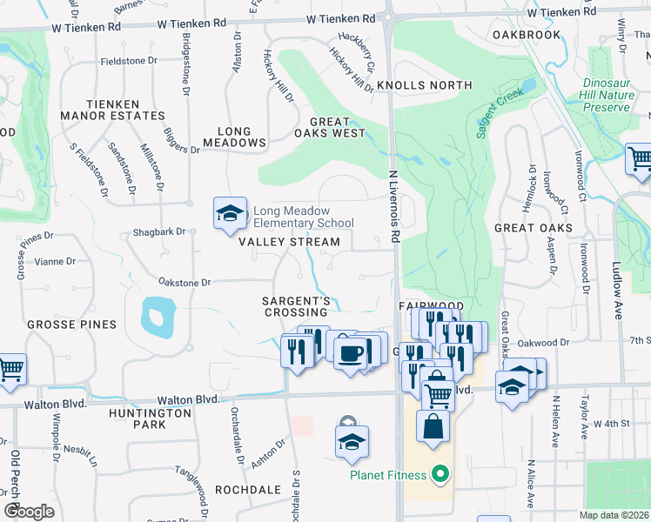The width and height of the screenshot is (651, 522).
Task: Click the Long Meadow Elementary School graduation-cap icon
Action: coord(228,212)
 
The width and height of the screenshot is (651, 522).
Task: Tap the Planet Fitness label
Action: coord(388,475)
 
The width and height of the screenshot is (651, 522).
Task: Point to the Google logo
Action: coord(29,512)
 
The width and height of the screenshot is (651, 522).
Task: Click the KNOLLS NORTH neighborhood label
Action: coord(424,85)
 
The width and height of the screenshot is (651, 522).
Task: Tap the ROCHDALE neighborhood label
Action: coord(247,490)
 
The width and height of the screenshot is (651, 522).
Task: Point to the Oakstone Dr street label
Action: coord(185,283)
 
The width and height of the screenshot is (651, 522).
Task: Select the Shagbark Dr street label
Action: coord(158,232)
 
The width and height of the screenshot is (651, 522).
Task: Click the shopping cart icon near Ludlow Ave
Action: coord(640,159)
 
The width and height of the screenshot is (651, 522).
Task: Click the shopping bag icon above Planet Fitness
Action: coord(433,427)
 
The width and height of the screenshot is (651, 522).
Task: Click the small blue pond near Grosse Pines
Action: coord(154,316)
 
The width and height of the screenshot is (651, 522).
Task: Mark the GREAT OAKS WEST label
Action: coord(329,128)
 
